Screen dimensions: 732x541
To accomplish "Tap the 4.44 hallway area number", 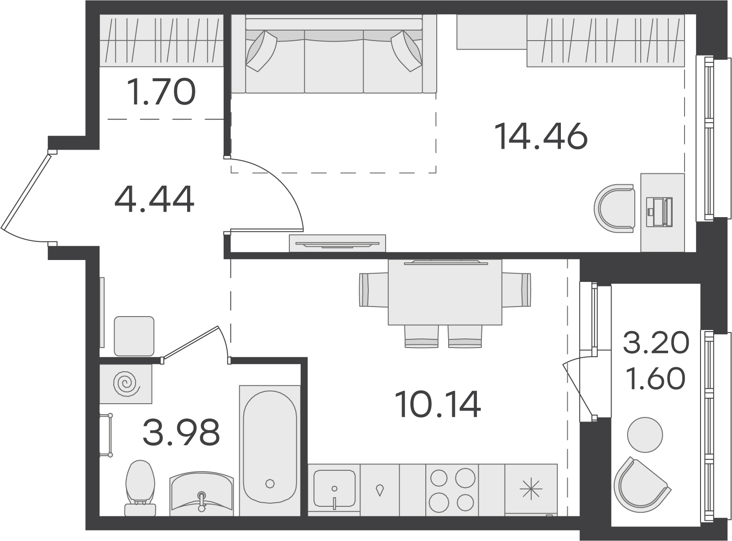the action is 154,199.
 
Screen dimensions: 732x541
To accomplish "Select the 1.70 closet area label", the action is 162,91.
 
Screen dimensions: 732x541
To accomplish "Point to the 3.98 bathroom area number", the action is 181,432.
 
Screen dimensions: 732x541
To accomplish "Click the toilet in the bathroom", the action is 140,488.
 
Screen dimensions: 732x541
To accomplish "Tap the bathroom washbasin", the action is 202,494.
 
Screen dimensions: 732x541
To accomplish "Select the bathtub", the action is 270,450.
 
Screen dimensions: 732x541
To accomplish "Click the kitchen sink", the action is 334,489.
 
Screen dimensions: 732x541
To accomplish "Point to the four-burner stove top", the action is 452,490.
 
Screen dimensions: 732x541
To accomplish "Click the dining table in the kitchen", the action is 445,292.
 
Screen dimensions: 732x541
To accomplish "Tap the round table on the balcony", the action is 645,435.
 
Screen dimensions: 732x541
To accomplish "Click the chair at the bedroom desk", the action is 614,208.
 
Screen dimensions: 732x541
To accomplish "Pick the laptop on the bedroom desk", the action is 659,212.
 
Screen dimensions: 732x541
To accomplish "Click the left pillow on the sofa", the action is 261,51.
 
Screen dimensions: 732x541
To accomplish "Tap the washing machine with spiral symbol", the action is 126,384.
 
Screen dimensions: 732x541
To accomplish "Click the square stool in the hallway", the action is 134,336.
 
